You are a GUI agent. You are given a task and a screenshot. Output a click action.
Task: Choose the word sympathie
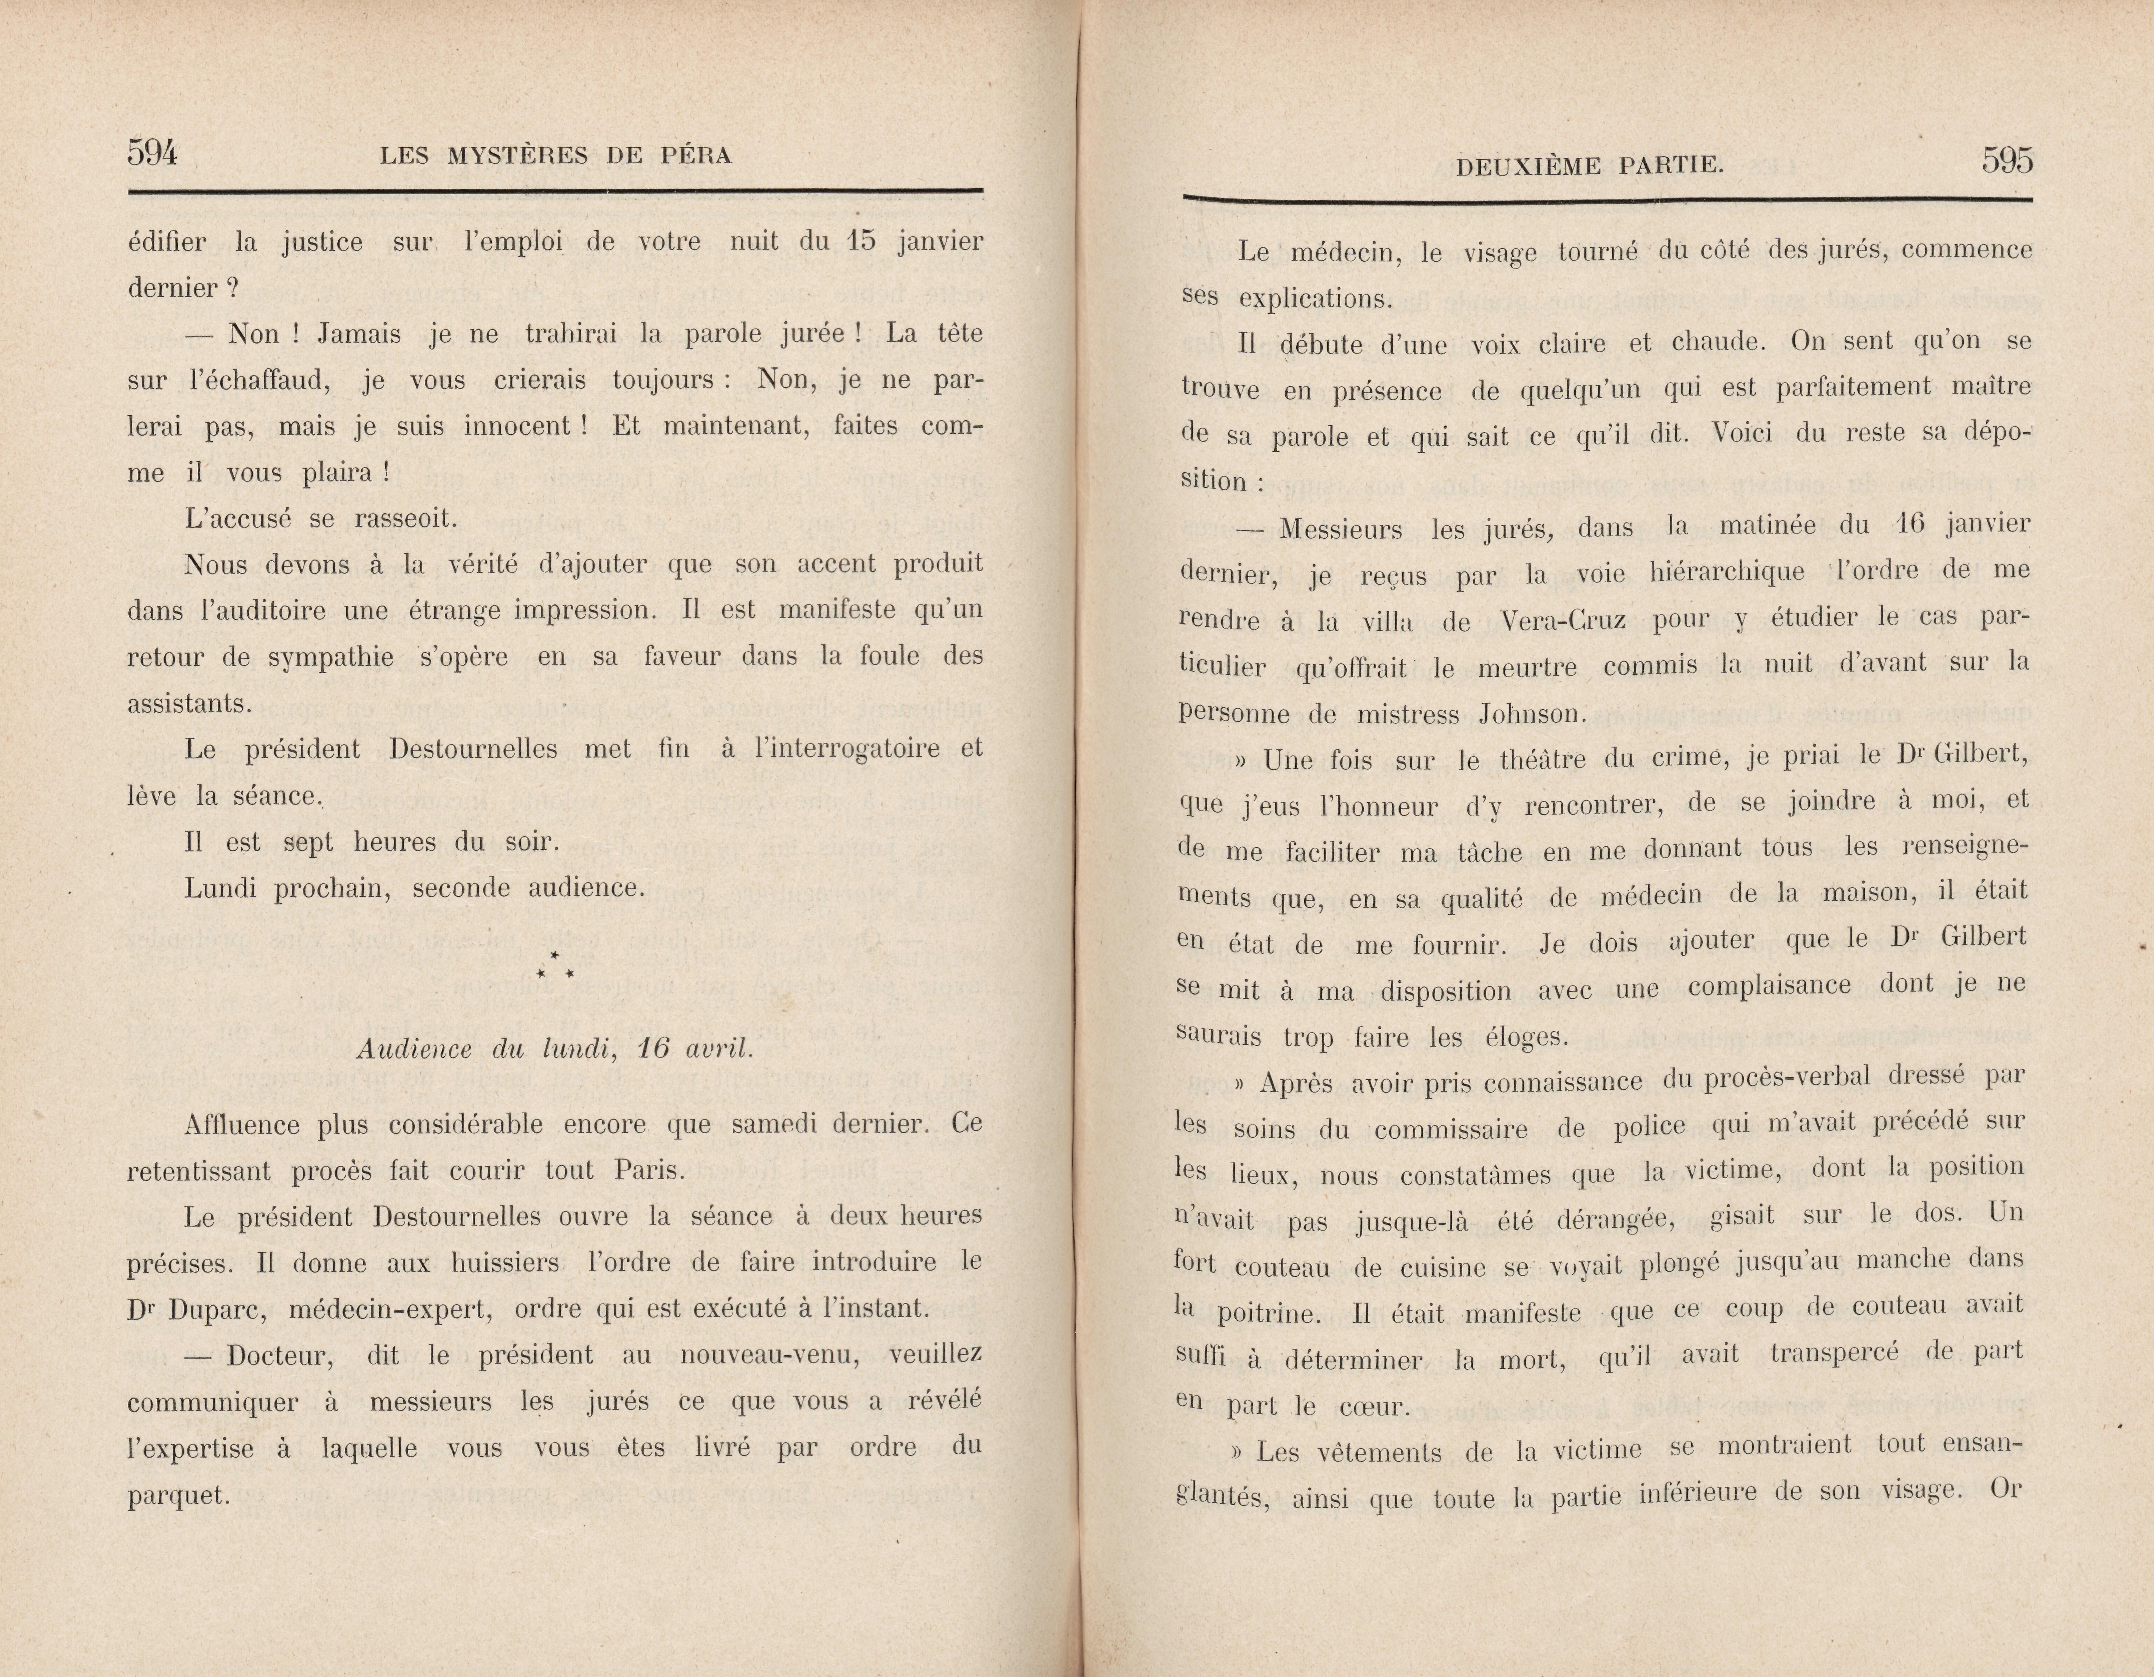[x=331, y=657]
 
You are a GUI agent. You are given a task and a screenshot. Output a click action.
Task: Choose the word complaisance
[x=1768, y=985]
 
